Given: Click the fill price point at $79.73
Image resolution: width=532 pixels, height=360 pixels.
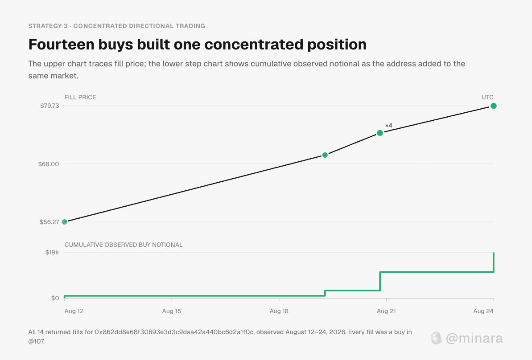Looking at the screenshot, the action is [494, 106].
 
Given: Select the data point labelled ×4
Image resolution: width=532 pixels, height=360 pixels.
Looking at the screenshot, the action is [380, 133].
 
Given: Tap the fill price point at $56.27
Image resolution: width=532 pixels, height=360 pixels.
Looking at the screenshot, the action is [65, 222].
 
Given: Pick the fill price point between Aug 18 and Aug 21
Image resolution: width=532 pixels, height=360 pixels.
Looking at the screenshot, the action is [325, 155].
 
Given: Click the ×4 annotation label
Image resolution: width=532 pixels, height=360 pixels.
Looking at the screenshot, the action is [389, 126].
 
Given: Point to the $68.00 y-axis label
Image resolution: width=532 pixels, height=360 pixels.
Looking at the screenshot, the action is [49, 164].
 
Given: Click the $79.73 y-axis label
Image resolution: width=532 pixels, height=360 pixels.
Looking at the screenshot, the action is [49, 106].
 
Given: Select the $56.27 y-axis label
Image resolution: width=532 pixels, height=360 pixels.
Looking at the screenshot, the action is [49, 222].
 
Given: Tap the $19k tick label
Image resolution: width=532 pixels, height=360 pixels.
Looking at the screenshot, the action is [52, 252].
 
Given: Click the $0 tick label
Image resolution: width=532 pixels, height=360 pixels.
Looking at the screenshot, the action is [55, 299].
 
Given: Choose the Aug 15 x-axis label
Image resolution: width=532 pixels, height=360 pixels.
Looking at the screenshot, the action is [172, 311].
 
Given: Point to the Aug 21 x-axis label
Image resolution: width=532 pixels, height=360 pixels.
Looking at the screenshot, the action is [386, 311].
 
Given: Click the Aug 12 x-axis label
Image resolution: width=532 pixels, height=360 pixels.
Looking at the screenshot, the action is [74, 311].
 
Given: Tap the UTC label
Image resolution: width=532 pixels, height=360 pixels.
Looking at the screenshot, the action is [487, 97].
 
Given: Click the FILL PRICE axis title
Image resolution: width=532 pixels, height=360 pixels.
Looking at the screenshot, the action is [80, 97].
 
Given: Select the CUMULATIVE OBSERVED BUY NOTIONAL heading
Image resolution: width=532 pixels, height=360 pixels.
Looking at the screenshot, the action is [124, 245].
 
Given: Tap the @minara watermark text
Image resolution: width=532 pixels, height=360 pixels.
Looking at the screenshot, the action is [474, 338].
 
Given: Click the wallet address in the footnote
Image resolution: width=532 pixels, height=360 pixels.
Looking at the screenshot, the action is [174, 332].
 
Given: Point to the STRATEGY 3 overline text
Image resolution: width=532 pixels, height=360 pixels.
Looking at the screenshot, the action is [48, 26].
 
